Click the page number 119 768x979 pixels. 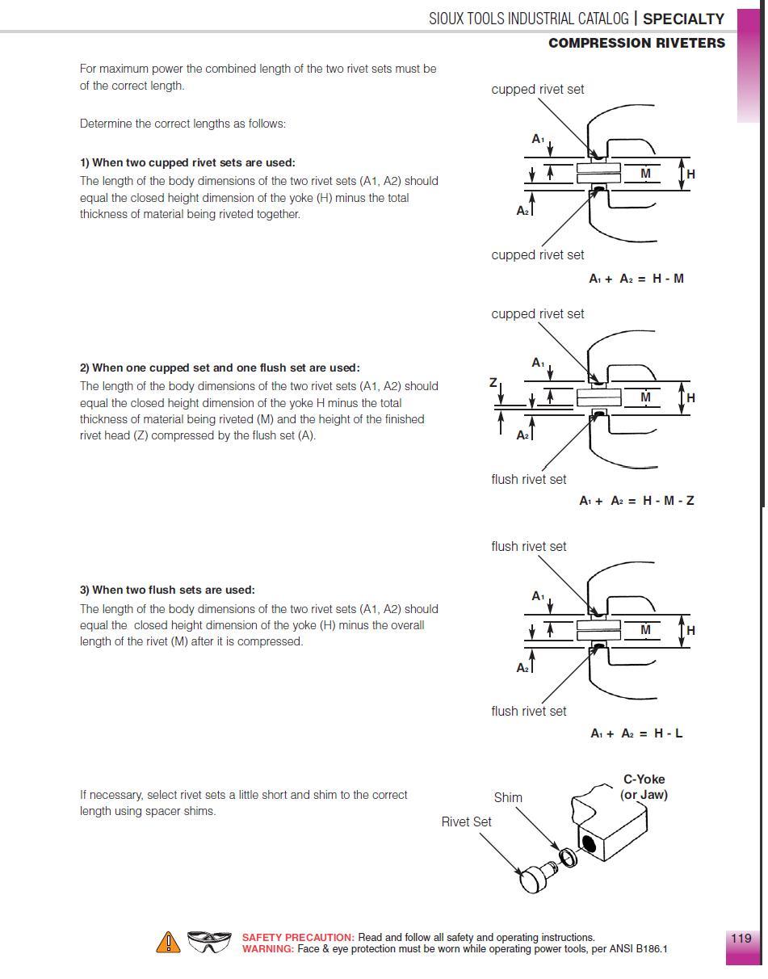[x=741, y=938]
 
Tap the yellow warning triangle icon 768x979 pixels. [x=168, y=942]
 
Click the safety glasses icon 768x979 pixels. [x=209, y=942]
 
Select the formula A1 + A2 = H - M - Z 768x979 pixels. [x=636, y=501]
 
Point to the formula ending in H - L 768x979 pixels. [x=636, y=733]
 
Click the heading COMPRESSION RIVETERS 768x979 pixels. [x=636, y=44]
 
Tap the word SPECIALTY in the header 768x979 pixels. [x=683, y=19]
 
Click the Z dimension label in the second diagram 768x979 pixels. [x=493, y=383]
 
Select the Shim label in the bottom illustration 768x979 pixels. [x=508, y=797]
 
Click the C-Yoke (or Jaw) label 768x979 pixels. [x=644, y=787]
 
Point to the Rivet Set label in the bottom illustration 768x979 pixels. [x=466, y=821]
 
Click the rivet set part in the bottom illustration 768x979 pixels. [x=535, y=877]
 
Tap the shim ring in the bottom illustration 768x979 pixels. [x=568, y=855]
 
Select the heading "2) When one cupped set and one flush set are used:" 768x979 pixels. [x=220, y=368]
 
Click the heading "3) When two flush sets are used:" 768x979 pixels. [x=167, y=590]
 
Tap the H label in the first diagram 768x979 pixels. [x=690, y=174]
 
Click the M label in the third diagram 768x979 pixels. [x=645, y=630]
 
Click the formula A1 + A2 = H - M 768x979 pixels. [x=636, y=279]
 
